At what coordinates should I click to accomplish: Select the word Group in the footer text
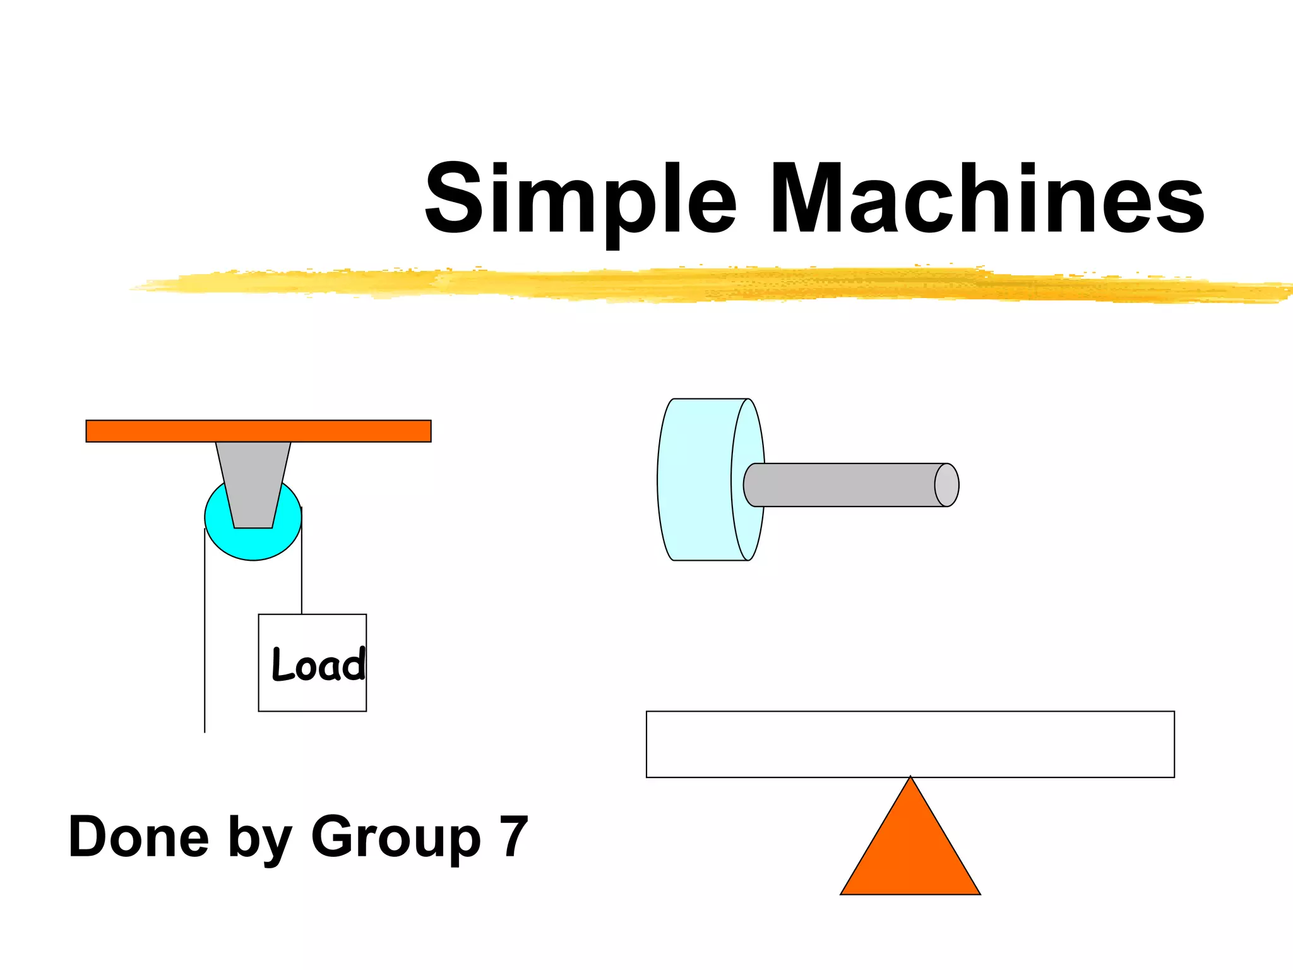tap(396, 838)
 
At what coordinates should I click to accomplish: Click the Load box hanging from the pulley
tap(312, 695)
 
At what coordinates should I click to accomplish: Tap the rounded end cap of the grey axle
tap(946, 485)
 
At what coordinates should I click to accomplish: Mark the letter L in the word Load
tap(280, 664)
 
